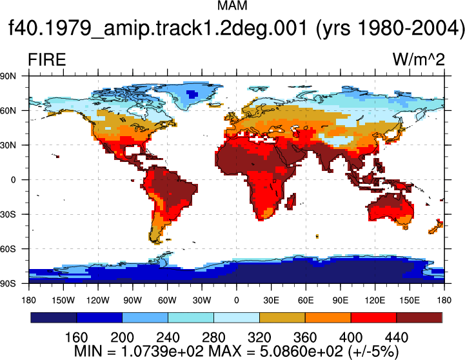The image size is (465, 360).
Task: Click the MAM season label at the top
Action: tap(232, 6)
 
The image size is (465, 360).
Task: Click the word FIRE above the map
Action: tap(47, 59)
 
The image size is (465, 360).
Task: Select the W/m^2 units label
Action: tap(419, 59)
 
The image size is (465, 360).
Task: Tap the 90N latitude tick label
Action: tap(8, 76)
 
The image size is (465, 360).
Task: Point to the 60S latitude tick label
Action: tap(8, 249)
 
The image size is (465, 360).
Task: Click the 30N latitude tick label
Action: tap(8, 145)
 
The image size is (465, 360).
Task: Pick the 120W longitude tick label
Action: tap(98, 301)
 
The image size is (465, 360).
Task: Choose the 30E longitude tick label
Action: tap(271, 301)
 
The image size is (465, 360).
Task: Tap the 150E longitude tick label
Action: tap(410, 301)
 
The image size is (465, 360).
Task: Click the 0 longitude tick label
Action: tap(236, 301)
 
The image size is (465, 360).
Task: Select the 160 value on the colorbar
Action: tap(76, 337)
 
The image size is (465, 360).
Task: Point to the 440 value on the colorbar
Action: tap(397, 337)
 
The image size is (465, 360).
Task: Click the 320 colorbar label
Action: tap(259, 337)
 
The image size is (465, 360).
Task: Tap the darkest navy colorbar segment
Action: tap(54, 317)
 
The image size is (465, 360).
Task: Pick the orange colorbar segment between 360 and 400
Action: tap(328, 317)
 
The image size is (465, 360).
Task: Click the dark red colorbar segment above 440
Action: tap(419, 317)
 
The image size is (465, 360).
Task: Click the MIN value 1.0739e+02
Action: tap(162, 352)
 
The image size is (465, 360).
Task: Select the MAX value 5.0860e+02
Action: tap(301, 352)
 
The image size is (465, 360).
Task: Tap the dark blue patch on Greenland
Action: tap(192, 94)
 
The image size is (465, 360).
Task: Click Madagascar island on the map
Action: tap(292, 201)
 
